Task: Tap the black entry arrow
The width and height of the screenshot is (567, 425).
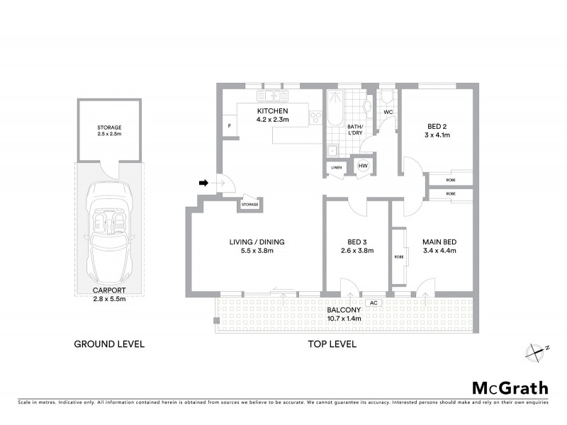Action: pos(203,183)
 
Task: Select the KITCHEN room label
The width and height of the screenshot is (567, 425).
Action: pos(271,112)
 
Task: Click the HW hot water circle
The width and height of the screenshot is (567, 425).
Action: pos(363,166)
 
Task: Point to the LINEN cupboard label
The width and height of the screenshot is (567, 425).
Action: pos(337,167)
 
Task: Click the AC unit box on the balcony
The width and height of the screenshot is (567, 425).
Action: pos(372,302)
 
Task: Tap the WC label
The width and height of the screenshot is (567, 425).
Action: pos(388,112)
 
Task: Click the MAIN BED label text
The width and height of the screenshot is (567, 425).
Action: pos(439,242)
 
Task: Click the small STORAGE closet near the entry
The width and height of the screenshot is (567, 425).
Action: pos(249,205)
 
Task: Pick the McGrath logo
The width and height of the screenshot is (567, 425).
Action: pos(510,387)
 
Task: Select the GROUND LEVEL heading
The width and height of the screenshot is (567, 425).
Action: pos(109,344)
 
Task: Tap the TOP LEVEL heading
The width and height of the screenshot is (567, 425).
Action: pos(332,344)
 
